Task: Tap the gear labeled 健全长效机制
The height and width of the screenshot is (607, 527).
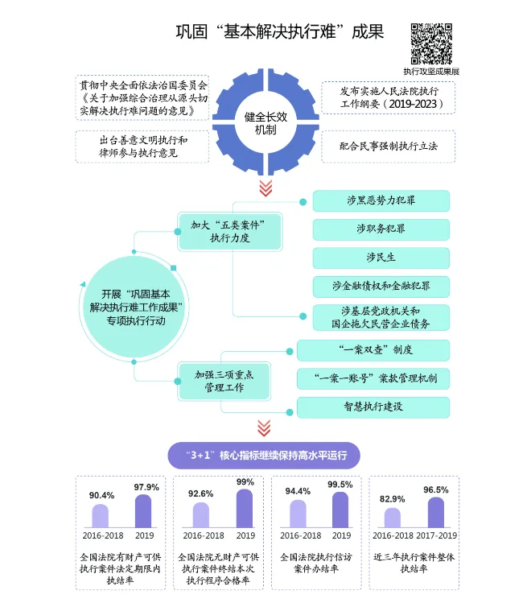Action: tap(265, 122)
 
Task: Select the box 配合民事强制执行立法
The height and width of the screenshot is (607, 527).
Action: tap(388, 147)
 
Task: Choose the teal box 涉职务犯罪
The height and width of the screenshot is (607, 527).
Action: tap(381, 229)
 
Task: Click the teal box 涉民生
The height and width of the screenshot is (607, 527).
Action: tap(381, 258)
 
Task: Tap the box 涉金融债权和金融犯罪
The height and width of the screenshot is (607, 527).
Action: tap(381, 287)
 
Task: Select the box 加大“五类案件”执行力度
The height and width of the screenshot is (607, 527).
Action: tap(229, 230)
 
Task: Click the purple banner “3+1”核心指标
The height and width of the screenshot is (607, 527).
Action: tap(264, 456)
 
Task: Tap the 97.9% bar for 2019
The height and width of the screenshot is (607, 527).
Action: tap(143, 511)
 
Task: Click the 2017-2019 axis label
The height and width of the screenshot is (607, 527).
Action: tap(436, 535)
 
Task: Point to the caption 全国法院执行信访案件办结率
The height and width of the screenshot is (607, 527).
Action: tap(315, 563)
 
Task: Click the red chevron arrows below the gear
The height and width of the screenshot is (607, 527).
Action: tap(265, 188)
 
